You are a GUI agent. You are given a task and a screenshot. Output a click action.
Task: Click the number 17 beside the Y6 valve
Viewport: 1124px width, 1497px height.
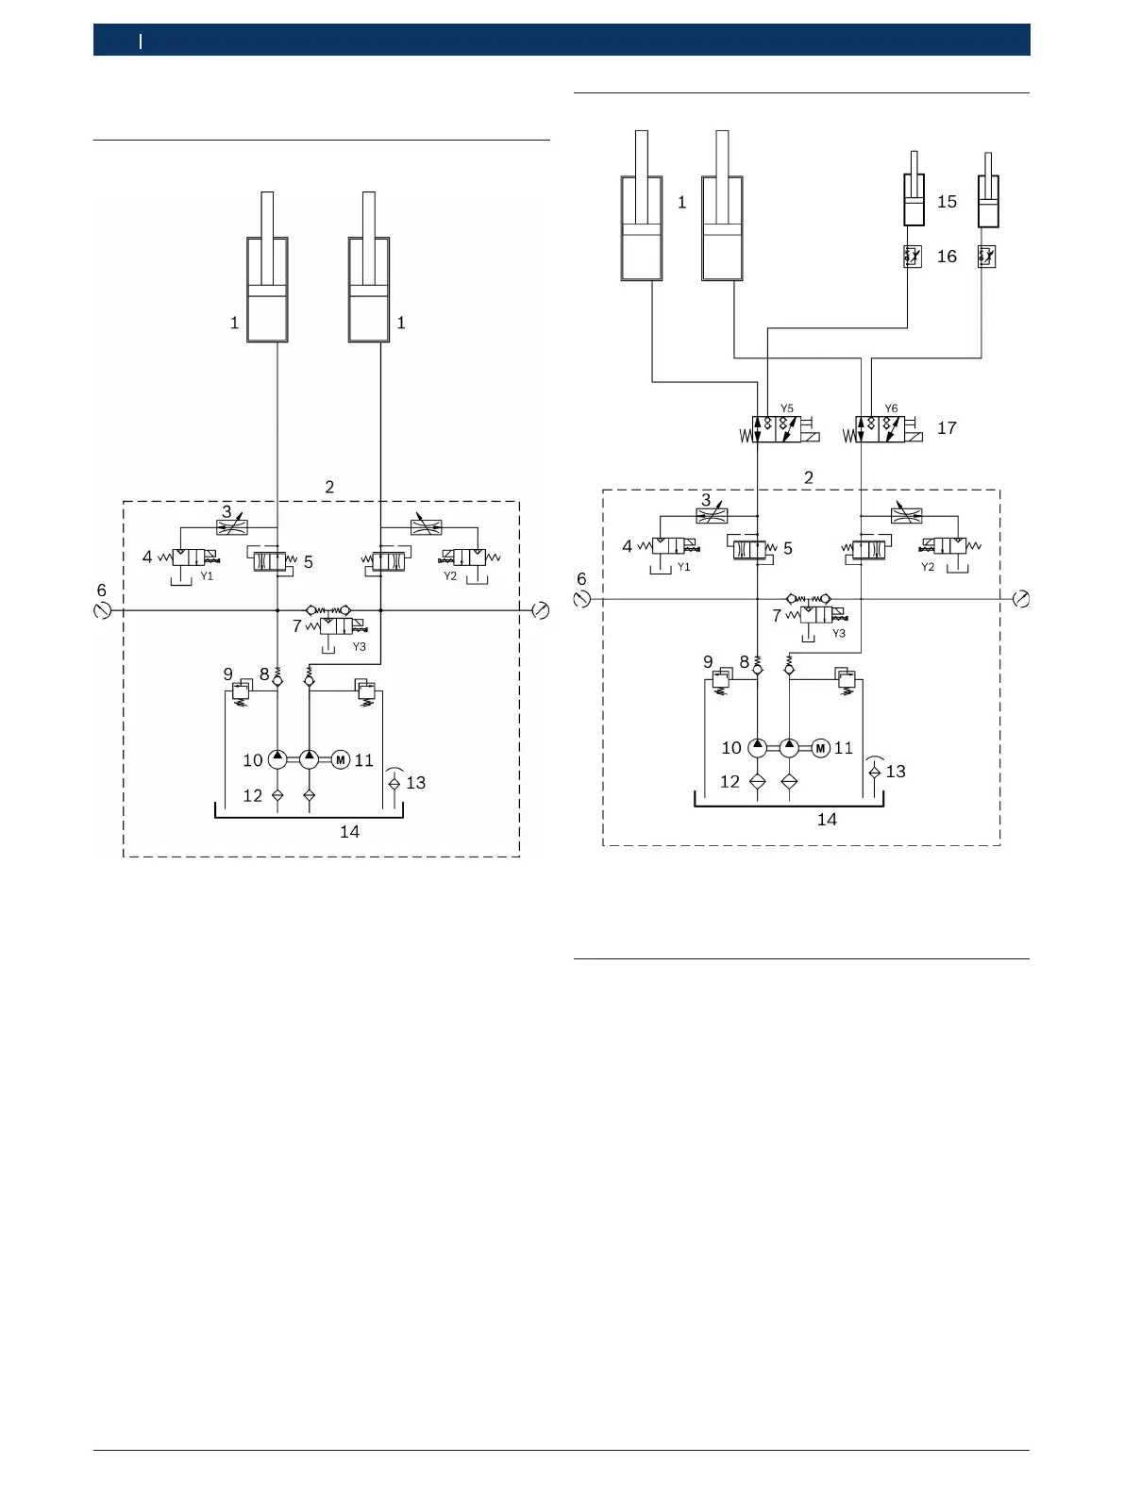[947, 428]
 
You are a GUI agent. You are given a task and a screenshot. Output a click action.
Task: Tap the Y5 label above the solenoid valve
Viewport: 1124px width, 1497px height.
[787, 408]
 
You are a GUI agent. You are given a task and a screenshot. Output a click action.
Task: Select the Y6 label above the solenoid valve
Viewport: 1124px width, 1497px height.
[891, 408]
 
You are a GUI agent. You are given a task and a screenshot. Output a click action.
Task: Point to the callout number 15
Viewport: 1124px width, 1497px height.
[947, 202]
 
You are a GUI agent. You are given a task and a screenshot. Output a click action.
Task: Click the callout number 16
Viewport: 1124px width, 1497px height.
[947, 257]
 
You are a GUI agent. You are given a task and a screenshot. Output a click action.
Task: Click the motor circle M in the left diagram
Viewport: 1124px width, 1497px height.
[341, 759]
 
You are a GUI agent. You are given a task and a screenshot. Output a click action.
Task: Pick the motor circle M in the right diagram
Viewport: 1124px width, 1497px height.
[820, 748]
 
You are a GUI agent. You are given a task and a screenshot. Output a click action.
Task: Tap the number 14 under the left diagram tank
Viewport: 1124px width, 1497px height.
[349, 832]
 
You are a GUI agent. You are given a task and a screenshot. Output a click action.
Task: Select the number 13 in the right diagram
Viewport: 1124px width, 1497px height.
[896, 772]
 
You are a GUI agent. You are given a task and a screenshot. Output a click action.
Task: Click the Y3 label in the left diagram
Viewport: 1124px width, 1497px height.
[359, 647]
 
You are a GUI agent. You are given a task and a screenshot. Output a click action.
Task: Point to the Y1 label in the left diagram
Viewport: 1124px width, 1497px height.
[207, 575]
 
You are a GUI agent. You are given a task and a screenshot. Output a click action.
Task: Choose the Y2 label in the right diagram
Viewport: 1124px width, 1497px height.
[928, 567]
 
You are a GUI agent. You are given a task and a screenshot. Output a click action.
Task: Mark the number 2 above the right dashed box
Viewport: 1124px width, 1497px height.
[809, 477]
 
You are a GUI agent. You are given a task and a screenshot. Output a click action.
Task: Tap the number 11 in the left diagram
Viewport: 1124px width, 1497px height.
[364, 760]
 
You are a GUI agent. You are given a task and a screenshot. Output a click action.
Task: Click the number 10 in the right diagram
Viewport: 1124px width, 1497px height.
[731, 748]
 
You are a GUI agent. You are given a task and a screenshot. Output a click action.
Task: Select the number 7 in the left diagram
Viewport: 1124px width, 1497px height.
[297, 625]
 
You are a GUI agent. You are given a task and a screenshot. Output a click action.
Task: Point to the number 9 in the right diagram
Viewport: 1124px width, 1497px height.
[708, 662]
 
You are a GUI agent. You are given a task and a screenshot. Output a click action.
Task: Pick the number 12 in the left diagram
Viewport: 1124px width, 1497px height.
[252, 796]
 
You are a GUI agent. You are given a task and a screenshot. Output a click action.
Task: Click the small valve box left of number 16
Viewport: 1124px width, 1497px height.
[912, 256]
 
